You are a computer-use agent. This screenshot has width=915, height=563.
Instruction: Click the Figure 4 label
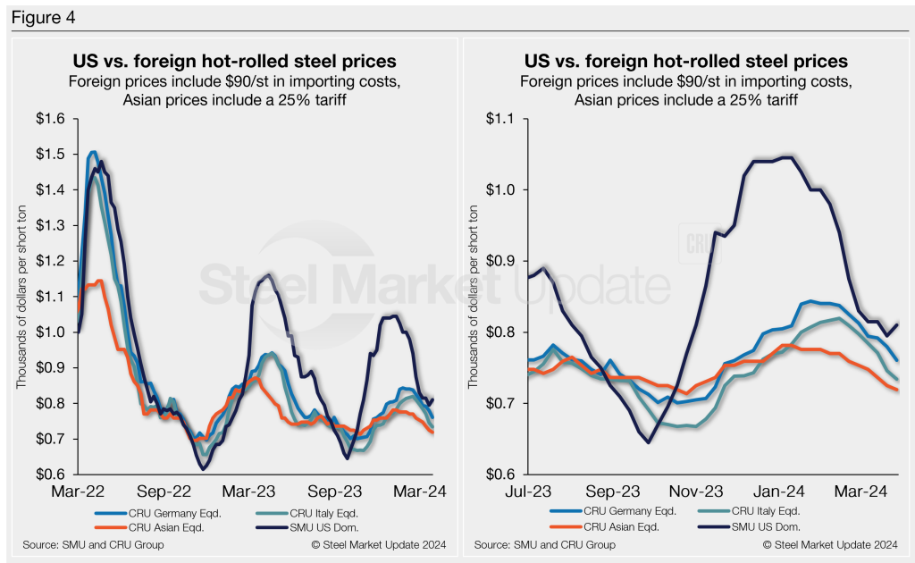pyautogui.click(x=42, y=17)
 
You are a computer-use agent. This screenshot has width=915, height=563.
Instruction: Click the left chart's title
pyautogui.click(x=234, y=62)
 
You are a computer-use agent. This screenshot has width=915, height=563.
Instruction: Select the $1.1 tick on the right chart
pyautogui.click(x=508, y=119)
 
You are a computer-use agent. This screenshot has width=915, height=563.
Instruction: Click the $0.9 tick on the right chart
pyautogui.click(x=508, y=261)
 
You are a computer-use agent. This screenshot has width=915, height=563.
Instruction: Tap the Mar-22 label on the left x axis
pyautogui.click(x=80, y=492)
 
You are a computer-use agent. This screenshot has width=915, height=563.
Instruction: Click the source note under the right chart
pyautogui.click(x=544, y=545)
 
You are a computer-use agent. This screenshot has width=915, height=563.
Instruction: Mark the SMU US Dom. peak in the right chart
pyautogui.click(x=785, y=158)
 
